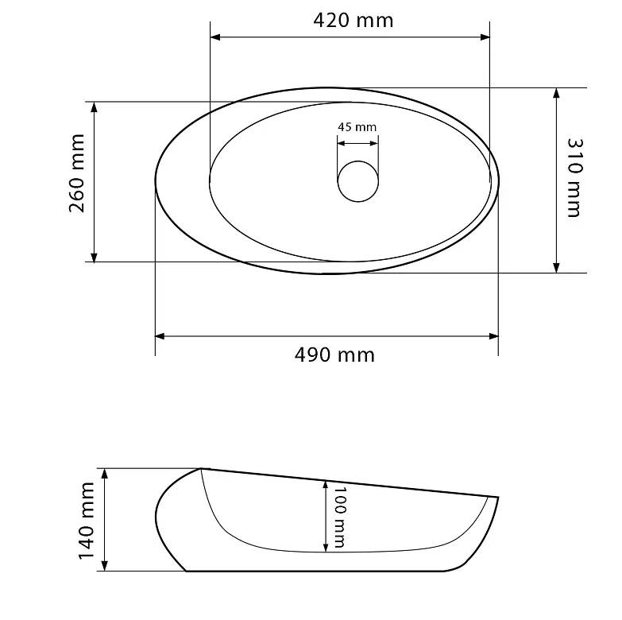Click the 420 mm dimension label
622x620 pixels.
353,20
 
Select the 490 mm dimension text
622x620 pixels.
334,355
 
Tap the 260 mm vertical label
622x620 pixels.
77,173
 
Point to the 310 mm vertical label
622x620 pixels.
574,177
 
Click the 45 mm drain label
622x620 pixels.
357,127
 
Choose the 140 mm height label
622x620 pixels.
86,521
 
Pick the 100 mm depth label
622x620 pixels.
339,517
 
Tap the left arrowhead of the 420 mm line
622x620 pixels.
215,37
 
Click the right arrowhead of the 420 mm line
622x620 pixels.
485,37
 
